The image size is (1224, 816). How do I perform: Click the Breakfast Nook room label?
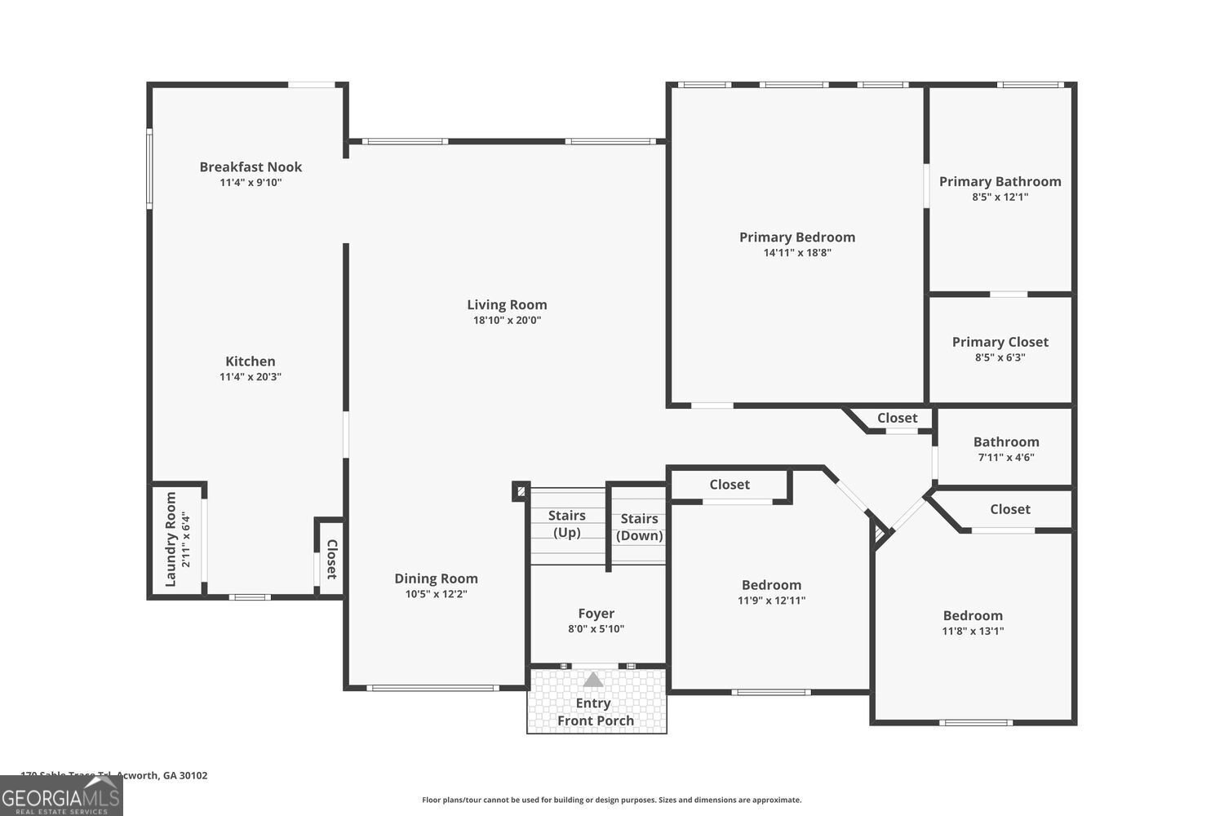(251, 166)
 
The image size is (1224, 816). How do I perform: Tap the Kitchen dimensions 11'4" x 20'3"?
(251, 377)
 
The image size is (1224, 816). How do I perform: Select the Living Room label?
(507, 304)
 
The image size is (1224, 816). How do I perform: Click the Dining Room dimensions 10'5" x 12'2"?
(436, 594)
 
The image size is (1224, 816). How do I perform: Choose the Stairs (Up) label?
(567, 524)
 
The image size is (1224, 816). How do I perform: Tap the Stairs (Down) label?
(639, 527)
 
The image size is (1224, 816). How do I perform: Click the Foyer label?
(596, 613)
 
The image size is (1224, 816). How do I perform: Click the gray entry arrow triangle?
(593, 679)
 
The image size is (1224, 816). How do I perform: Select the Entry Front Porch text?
(595, 712)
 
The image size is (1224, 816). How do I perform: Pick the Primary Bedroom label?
(797, 237)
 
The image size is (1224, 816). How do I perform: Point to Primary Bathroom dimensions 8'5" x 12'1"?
(1000, 197)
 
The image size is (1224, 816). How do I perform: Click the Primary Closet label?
(1000, 342)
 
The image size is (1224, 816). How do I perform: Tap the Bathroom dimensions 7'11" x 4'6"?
(1006, 458)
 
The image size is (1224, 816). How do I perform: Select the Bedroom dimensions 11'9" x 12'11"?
(771, 601)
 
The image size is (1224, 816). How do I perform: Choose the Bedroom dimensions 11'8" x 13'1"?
(973, 631)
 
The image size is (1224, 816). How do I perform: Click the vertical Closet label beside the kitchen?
(332, 559)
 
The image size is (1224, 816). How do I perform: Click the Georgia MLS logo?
(61, 796)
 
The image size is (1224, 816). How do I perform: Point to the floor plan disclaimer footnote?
(611, 800)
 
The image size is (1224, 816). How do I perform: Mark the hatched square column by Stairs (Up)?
(521, 491)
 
